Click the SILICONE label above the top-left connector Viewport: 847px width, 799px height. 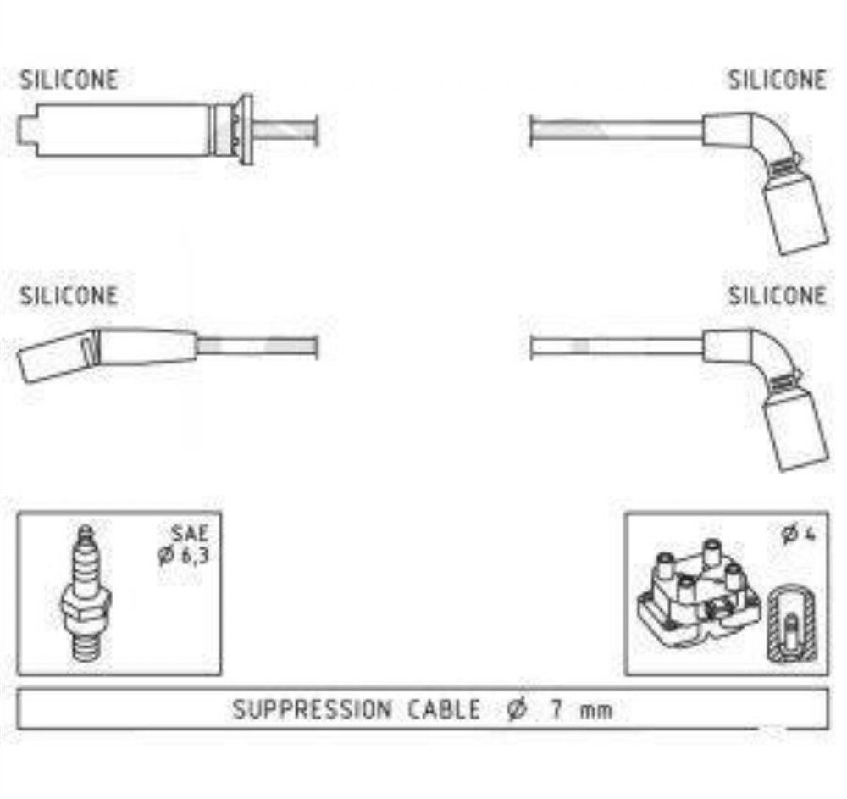click(69, 80)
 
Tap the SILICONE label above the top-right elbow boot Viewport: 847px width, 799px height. click(778, 80)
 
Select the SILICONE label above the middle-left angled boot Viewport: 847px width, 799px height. click(69, 296)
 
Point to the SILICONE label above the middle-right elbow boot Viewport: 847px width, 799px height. click(778, 296)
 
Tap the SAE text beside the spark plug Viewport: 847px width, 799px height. click(190, 533)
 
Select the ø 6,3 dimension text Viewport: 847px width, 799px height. click(183, 555)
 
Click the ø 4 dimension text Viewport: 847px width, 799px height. click(798, 535)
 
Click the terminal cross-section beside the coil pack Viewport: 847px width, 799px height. click(792, 624)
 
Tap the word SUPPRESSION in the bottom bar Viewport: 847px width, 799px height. click(312, 709)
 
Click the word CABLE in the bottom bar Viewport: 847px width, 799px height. click(444, 709)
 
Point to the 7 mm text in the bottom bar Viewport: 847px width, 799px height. click(582, 709)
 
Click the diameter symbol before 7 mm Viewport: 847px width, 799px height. click(517, 709)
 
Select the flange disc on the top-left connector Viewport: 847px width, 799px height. click(246, 130)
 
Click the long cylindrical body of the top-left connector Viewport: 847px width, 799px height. click(123, 130)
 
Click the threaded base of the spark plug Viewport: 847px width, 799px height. click(86, 646)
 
